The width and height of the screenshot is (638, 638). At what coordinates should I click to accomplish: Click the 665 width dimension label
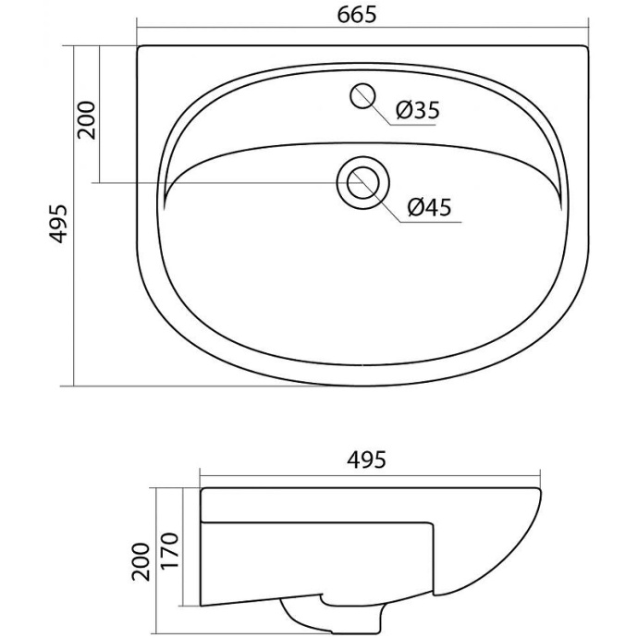coord(357,15)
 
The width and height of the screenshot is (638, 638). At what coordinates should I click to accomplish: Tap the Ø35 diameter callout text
coord(418,110)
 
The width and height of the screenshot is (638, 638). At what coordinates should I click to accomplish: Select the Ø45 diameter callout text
coord(430,207)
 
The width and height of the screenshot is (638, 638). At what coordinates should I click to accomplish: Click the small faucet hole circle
coord(362,96)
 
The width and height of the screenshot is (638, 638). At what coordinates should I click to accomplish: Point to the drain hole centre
coord(363,183)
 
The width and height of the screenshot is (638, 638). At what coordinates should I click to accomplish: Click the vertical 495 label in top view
coord(57,224)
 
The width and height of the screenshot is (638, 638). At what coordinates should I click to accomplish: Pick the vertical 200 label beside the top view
coord(86,120)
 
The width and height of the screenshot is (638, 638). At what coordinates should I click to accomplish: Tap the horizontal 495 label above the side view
coord(366,460)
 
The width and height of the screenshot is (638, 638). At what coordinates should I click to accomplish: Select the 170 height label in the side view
coord(169,550)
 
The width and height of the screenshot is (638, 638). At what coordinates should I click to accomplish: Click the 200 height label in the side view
coord(141,561)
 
